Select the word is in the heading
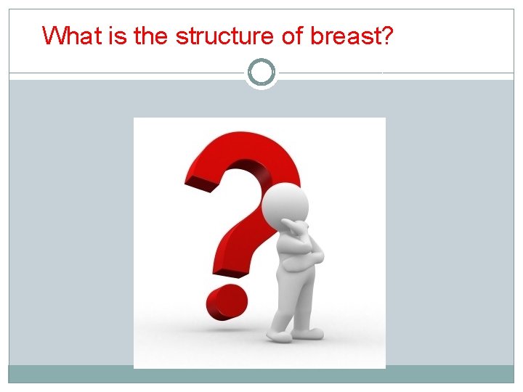click(x=118, y=35)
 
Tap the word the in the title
click(x=150, y=35)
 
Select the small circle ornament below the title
click(x=261, y=73)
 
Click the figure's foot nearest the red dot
click(x=279, y=335)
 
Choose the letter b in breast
click(x=316, y=35)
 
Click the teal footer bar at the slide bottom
click(x=261, y=374)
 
